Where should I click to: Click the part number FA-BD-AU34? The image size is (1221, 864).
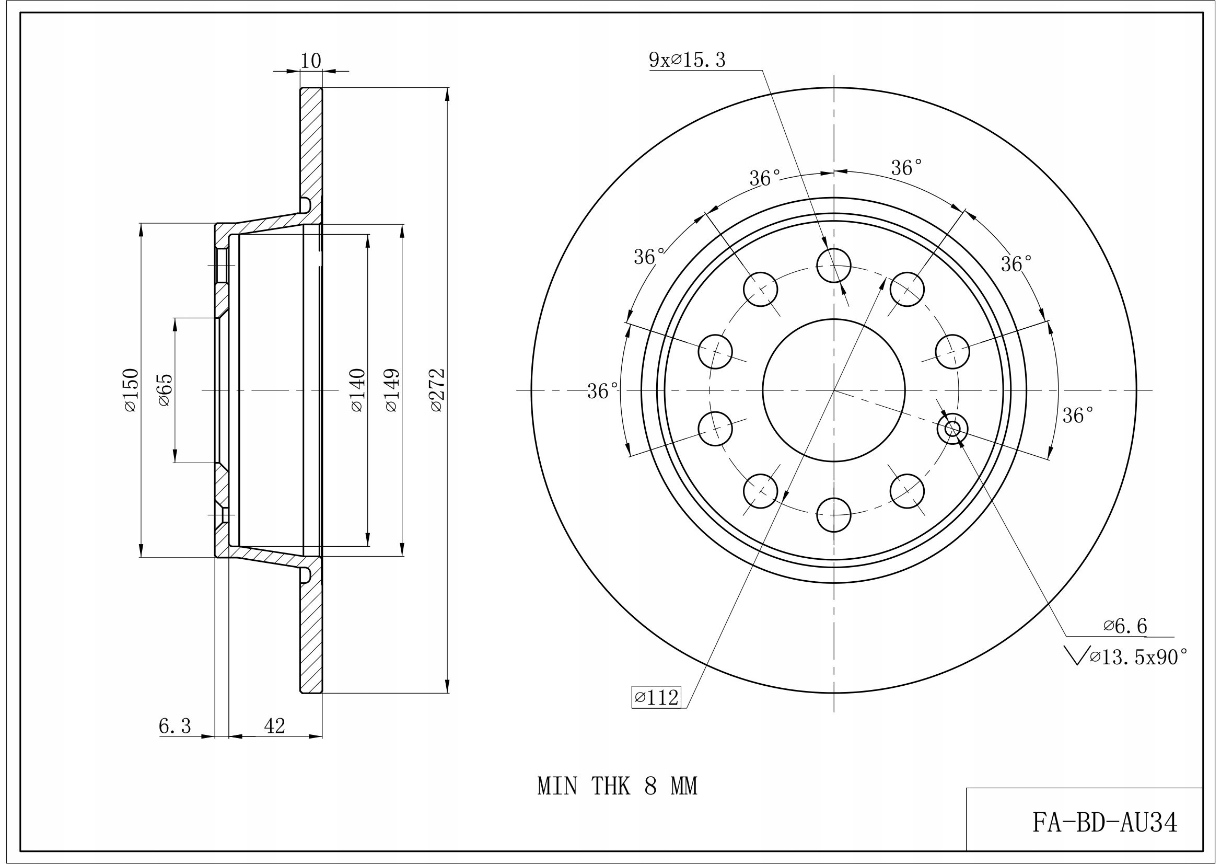(x=1105, y=823)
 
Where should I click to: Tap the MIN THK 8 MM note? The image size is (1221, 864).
(x=617, y=786)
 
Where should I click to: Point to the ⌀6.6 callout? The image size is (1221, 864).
(x=1125, y=626)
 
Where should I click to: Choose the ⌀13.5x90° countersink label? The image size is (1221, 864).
(x=1137, y=658)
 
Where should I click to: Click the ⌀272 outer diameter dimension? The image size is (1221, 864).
(x=437, y=389)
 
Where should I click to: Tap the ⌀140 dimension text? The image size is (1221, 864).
(x=357, y=389)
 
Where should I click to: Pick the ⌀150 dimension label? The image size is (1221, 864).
(x=131, y=389)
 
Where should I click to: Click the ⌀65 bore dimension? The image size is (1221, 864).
(x=166, y=389)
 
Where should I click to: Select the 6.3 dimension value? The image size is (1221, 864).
(x=175, y=725)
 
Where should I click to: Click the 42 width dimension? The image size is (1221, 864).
(x=275, y=725)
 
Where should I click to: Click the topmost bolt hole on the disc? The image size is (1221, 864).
(x=833, y=265)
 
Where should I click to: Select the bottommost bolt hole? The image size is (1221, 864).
(x=833, y=514)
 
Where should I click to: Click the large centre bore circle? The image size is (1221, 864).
(x=833, y=390)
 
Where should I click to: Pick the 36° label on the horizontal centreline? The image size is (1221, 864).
(x=602, y=391)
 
